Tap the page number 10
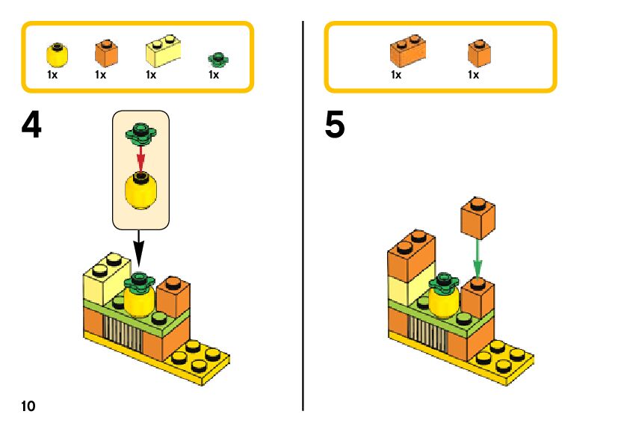(x=28, y=406)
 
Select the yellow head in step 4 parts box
(x=58, y=55)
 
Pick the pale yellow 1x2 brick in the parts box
(x=163, y=51)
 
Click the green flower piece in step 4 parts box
(x=218, y=59)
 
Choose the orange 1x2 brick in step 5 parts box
(x=408, y=50)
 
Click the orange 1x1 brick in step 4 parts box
(x=106, y=53)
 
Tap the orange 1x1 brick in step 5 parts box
(x=480, y=53)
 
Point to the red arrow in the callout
(x=140, y=158)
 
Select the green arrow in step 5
(x=478, y=259)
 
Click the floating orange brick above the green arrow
(x=478, y=217)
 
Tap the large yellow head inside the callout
(x=140, y=191)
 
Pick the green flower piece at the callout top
(x=140, y=134)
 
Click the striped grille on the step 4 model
(x=123, y=331)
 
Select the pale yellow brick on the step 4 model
(x=106, y=277)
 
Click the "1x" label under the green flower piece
(x=214, y=75)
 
